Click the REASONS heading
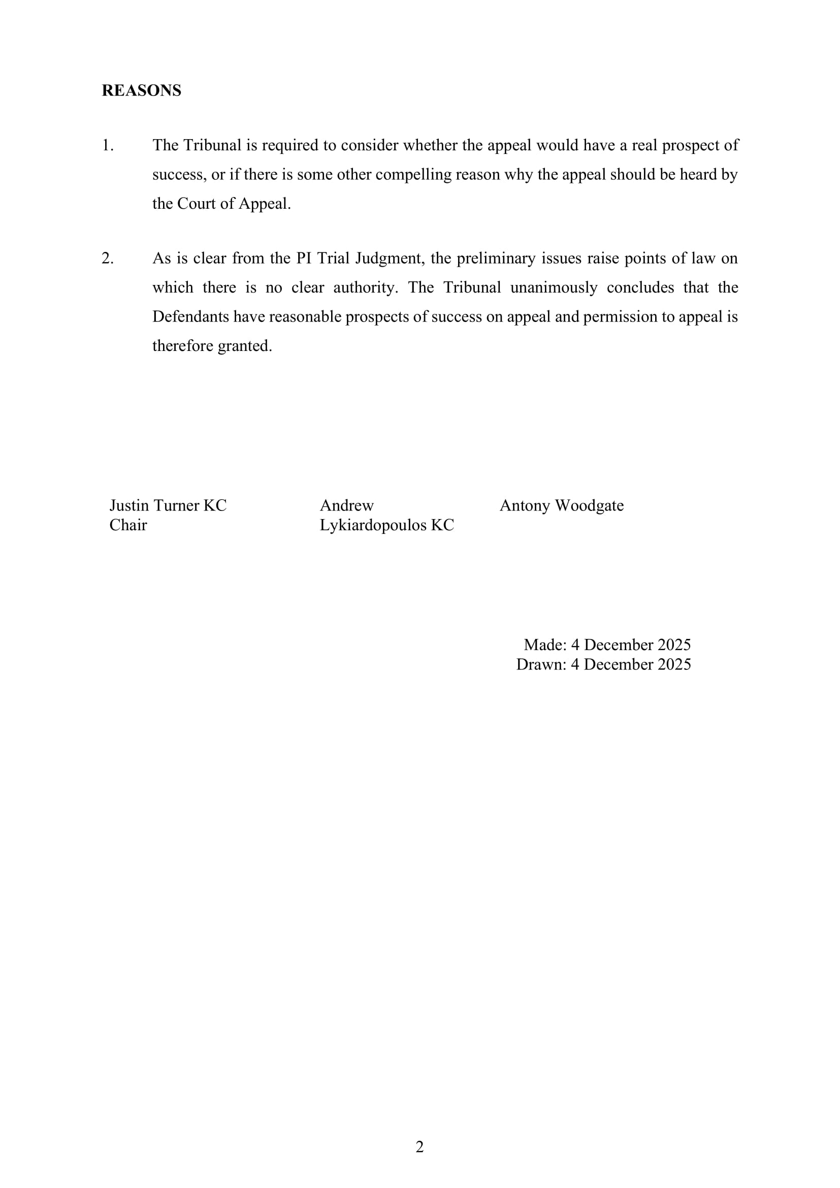(x=141, y=90)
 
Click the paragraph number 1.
(x=107, y=145)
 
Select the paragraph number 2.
(x=107, y=258)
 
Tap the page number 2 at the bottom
(x=419, y=1147)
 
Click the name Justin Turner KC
(x=168, y=505)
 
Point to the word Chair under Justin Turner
(x=128, y=525)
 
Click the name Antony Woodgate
(x=561, y=505)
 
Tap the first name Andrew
(x=346, y=505)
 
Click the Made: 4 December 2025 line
(x=607, y=645)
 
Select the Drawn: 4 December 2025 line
(x=603, y=664)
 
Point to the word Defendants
(x=190, y=316)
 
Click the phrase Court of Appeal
(x=233, y=204)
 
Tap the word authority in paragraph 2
(x=365, y=287)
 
